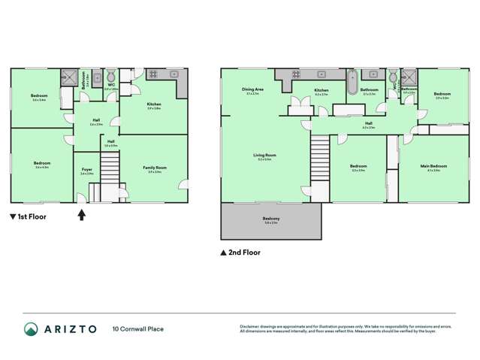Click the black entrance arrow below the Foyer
click(81, 216)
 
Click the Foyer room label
click(86, 171)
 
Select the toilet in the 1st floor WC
click(110, 76)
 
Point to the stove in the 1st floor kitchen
click(152, 74)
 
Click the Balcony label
click(270, 219)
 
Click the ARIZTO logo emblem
click(31, 328)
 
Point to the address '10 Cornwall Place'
click(139, 328)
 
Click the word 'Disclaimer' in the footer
click(249, 325)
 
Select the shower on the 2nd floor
click(410, 77)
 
